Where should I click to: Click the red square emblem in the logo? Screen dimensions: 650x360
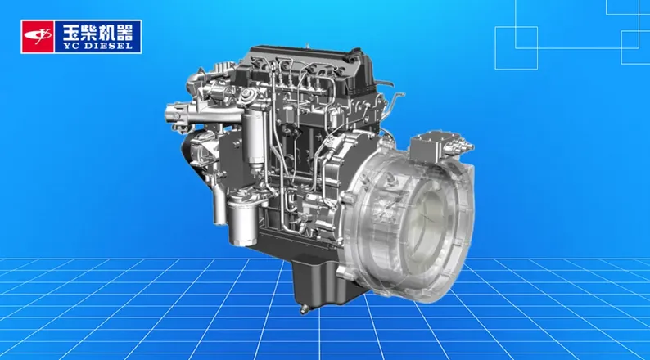[38, 37]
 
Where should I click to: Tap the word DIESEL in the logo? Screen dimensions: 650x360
[108, 46]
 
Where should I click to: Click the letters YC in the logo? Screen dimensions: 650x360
[70, 46]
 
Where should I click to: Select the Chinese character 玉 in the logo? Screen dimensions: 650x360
[71, 32]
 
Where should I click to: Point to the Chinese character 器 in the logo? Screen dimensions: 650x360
[124, 32]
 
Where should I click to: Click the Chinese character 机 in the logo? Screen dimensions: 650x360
[106, 32]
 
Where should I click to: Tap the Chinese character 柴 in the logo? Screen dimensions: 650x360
[88, 32]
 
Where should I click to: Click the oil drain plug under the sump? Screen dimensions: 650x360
[305, 309]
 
